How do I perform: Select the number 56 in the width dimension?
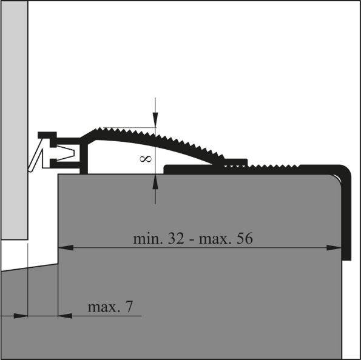click(x=241, y=238)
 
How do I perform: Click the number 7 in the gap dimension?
click(x=130, y=307)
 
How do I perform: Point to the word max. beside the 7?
click(x=103, y=307)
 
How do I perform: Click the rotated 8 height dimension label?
click(x=146, y=158)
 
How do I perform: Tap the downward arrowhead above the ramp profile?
click(x=155, y=122)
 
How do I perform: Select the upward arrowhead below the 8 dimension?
click(x=155, y=180)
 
